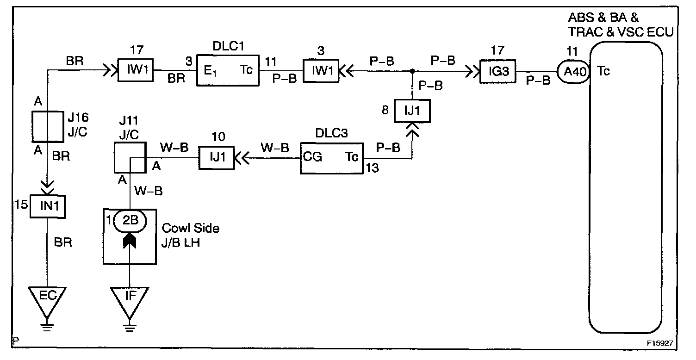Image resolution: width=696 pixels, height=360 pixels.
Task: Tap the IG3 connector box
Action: (x=498, y=71)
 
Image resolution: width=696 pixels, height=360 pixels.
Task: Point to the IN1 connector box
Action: (x=47, y=206)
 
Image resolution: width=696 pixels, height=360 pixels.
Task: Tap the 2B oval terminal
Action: (x=130, y=221)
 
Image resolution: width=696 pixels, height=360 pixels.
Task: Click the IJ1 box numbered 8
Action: (x=412, y=111)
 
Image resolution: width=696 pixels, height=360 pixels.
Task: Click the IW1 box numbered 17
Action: (x=135, y=71)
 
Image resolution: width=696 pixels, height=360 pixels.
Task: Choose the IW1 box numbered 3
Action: (x=321, y=71)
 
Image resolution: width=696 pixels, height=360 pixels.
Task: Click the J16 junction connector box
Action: (x=48, y=125)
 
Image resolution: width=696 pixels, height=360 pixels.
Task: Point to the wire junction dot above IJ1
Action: (x=412, y=71)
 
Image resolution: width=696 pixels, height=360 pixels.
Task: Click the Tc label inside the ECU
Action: (x=603, y=71)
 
